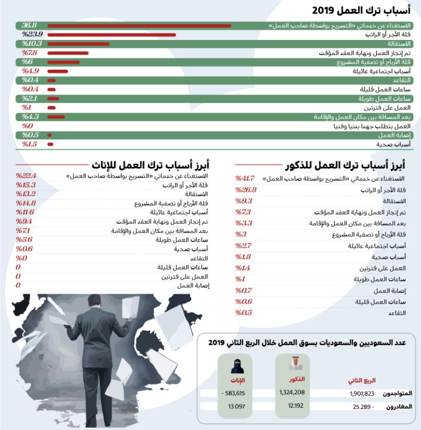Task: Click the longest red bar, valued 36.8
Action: click(139, 26)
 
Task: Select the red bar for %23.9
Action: click(112, 35)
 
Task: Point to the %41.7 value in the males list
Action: click(245, 178)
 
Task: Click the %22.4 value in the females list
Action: click(26, 176)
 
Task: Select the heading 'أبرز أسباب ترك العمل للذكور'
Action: click(345, 165)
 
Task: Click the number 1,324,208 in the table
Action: click(292, 393)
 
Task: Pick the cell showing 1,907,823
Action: click(362, 393)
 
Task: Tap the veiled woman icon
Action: click(237, 366)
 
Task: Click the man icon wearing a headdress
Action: click(296, 364)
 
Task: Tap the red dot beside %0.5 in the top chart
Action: click(50, 135)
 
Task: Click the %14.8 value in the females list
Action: click(26, 203)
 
